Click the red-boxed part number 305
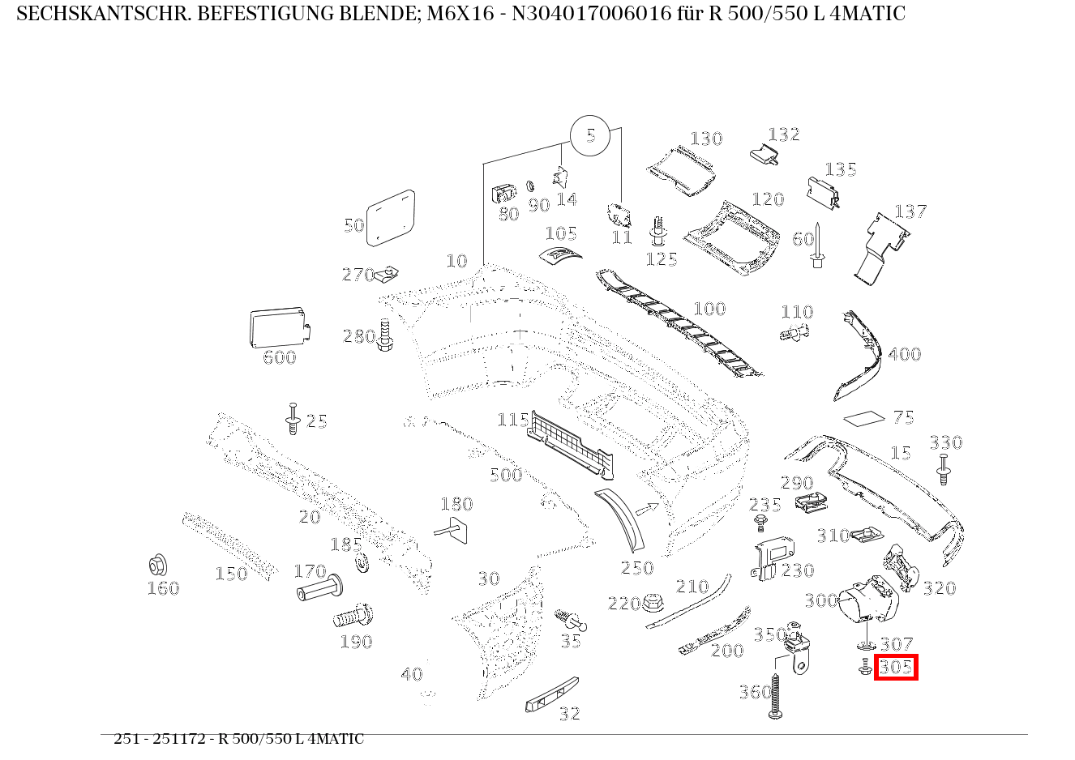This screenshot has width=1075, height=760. (x=895, y=668)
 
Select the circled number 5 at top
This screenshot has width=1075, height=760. (x=590, y=135)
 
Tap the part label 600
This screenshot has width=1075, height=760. (x=279, y=357)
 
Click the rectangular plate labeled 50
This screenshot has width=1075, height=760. (x=391, y=217)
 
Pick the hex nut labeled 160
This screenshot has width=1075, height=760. (x=157, y=566)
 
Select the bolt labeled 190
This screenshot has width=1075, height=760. (x=353, y=617)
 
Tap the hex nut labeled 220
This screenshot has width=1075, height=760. (x=652, y=604)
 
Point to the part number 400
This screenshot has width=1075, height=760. (x=904, y=354)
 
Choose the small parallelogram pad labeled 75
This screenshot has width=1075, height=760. (x=864, y=418)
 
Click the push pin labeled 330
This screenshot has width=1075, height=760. (x=943, y=468)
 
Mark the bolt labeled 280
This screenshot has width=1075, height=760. (x=385, y=335)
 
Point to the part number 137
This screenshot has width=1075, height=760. (x=910, y=211)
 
